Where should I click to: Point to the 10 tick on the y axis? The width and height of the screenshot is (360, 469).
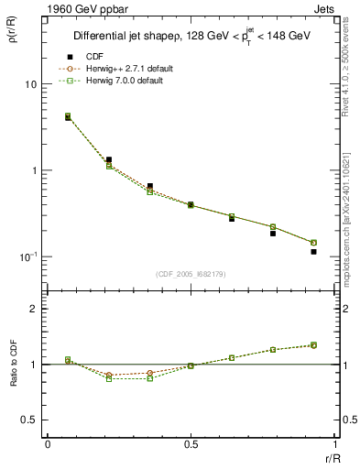pyautogui.click(x=31, y=84)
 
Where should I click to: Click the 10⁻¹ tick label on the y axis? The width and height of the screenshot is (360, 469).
pyautogui.click(x=27, y=256)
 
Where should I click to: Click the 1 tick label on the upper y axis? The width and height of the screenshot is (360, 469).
pyautogui.click(x=35, y=170)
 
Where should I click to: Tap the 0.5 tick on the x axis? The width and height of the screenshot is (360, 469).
pyautogui.click(x=191, y=443)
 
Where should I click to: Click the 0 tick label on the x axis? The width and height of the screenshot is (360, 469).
pyautogui.click(x=47, y=443)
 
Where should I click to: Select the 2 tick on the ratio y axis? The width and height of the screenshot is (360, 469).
pyautogui.click(x=35, y=309)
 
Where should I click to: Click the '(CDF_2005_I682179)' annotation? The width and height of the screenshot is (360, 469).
pyautogui.click(x=191, y=272)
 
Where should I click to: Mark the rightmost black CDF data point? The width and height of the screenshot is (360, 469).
pyautogui.click(x=313, y=251)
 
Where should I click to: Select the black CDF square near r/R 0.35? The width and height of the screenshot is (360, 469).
pyautogui.click(x=149, y=186)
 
